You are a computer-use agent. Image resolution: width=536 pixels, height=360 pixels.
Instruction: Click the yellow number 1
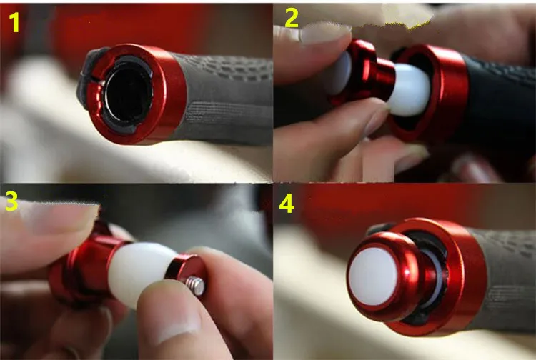click(14, 22)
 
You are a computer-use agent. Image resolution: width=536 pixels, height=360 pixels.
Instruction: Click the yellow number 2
click(292, 18)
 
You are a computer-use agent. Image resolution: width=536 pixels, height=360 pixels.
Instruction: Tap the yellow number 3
click(11, 201)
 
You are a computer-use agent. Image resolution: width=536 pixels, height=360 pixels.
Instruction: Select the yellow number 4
click(287, 204)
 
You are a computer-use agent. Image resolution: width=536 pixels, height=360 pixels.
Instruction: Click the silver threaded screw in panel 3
click(196, 286)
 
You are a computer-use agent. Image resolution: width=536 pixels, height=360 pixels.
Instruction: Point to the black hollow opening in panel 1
click(128, 94)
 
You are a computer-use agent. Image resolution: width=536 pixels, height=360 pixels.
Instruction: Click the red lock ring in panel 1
click(137, 94)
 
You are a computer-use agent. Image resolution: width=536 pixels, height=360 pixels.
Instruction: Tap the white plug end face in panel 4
click(373, 276)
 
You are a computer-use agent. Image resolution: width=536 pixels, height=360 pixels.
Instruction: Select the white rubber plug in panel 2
click(410, 89)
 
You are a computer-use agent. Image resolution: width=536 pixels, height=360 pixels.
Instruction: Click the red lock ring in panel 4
click(458, 276)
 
